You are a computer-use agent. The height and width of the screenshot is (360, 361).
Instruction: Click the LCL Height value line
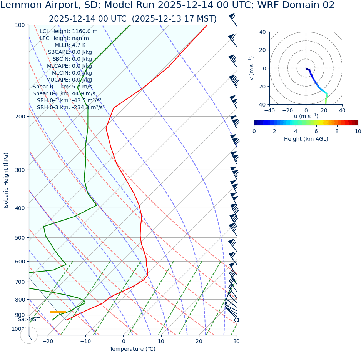click(x=69, y=32)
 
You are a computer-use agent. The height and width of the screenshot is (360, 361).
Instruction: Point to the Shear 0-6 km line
click(x=64, y=93)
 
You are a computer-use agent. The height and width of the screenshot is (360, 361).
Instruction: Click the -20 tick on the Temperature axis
click(x=48, y=341)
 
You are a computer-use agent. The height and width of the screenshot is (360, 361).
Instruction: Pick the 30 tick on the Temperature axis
click(x=236, y=341)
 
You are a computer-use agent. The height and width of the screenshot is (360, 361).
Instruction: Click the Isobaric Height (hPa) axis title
click(x=6, y=180)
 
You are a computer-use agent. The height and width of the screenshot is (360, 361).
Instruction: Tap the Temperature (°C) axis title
click(x=132, y=349)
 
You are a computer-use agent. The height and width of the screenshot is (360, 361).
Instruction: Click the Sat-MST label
click(x=29, y=320)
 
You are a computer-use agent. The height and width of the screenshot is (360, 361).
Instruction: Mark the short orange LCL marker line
click(x=58, y=312)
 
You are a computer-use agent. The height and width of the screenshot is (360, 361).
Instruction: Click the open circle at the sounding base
click(x=236, y=320)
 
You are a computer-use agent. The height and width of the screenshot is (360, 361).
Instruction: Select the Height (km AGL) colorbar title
click(x=306, y=139)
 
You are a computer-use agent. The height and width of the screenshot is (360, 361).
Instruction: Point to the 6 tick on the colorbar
click(x=316, y=131)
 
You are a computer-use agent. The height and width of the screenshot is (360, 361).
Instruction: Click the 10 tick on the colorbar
click(x=358, y=131)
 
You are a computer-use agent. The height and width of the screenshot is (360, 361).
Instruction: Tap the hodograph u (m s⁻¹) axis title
click(x=306, y=116)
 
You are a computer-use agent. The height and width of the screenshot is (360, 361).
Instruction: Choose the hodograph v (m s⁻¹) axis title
click(x=252, y=68)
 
